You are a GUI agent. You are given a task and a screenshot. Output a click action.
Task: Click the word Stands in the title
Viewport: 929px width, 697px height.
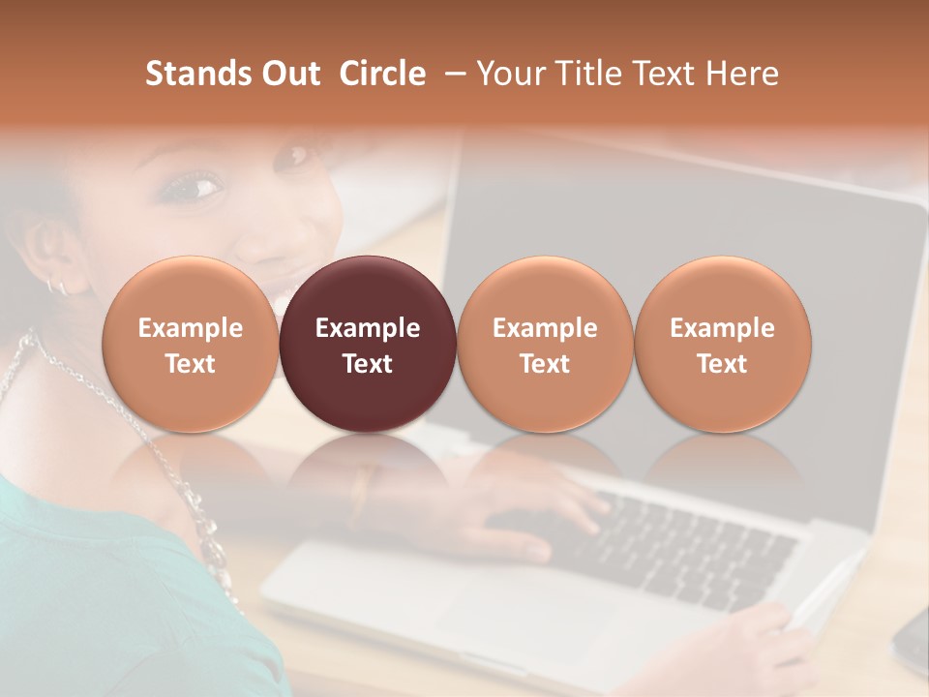pyautogui.click(x=182, y=74)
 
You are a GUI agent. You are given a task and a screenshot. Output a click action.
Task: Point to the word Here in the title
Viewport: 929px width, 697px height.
pyautogui.click(x=742, y=74)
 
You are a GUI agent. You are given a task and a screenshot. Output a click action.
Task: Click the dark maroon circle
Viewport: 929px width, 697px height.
pyautogui.click(x=368, y=344)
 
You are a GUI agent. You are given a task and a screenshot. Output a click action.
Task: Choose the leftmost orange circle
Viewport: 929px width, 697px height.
pyautogui.click(x=190, y=344)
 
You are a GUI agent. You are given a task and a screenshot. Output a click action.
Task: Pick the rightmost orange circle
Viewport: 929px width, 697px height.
pyautogui.click(x=722, y=344)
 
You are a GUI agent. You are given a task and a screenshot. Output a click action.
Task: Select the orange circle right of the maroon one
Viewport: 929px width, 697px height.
pyautogui.click(x=545, y=344)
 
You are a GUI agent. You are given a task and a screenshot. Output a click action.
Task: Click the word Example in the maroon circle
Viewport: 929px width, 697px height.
pyautogui.click(x=368, y=328)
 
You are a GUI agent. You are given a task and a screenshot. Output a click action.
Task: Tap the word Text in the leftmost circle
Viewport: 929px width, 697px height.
pyautogui.click(x=190, y=364)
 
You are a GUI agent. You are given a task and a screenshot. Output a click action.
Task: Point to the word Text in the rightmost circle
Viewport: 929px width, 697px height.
pyautogui.click(x=722, y=364)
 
